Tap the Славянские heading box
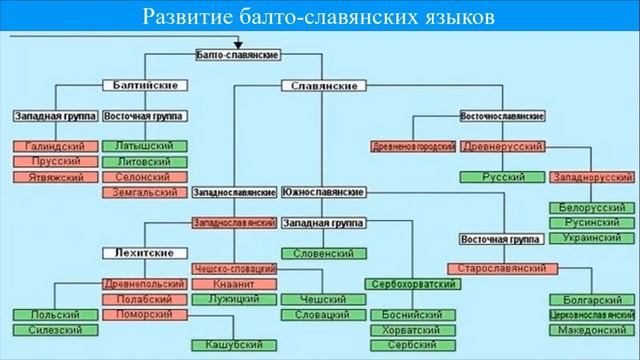click(x=323, y=86)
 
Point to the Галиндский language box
click(x=56, y=147)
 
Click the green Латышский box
click(x=144, y=147)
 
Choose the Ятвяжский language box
click(x=56, y=177)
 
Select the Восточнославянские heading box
click(x=502, y=117)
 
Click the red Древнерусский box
click(x=503, y=147)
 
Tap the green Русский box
click(x=503, y=177)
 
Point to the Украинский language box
click(x=591, y=238)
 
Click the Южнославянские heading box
click(x=322, y=191)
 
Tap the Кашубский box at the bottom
click(x=233, y=345)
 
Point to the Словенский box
click(x=324, y=253)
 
